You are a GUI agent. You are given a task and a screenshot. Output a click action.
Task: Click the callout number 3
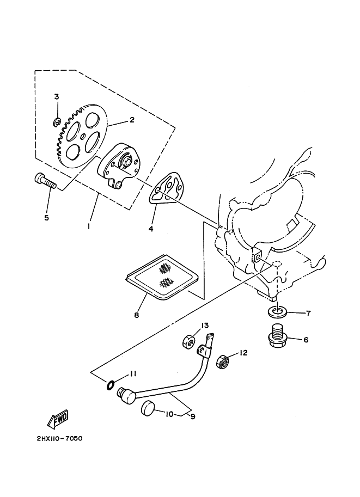[56, 96]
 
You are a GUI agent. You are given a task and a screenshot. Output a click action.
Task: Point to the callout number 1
[88, 224]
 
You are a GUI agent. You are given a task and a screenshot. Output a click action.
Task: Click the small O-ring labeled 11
[110, 385]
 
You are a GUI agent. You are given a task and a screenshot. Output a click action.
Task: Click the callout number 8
[136, 315]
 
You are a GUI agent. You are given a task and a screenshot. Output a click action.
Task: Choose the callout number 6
[306, 340]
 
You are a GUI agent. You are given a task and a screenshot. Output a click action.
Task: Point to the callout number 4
[150, 229]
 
